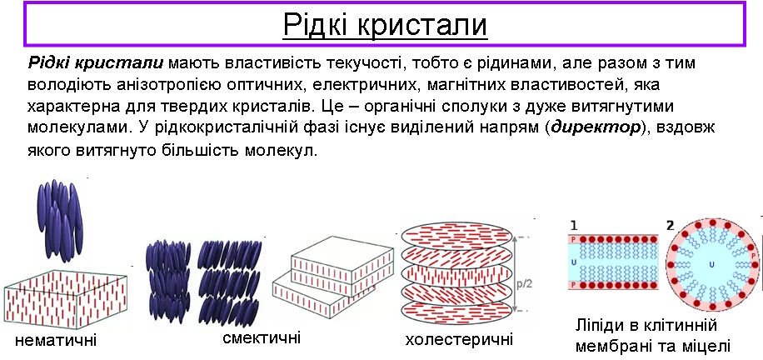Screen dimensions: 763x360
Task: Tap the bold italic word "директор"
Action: pos(596,128)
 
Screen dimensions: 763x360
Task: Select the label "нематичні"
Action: pos(56,340)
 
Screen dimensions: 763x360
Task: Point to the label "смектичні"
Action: pos(262,337)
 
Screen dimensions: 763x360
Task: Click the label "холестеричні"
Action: pos(459,338)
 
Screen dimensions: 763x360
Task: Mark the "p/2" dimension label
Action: pos(526,283)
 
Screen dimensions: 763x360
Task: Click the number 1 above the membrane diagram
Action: pos(574,226)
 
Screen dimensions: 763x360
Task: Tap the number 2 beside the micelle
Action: pos(671,226)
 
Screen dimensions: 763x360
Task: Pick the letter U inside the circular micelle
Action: pos(711,264)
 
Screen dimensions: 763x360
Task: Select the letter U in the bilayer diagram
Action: pos(573,262)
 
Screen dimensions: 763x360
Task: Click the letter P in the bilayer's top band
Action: pos(573,239)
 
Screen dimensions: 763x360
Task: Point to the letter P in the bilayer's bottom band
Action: pos(573,284)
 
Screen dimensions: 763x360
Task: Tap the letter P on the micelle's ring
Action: pos(754,255)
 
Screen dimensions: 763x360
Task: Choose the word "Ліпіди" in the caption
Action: pos(603,325)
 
